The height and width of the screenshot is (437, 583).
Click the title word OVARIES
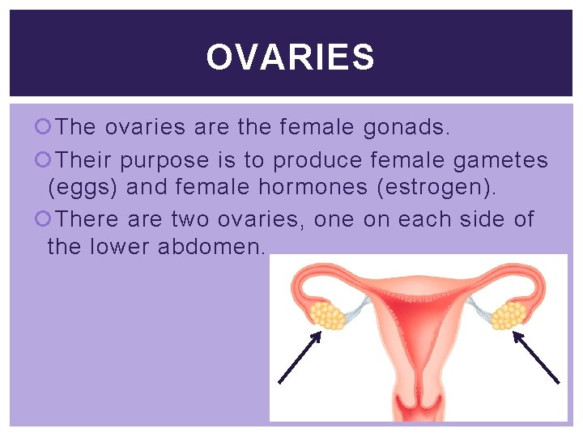click(291, 57)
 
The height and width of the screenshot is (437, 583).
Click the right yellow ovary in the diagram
click(509, 315)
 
